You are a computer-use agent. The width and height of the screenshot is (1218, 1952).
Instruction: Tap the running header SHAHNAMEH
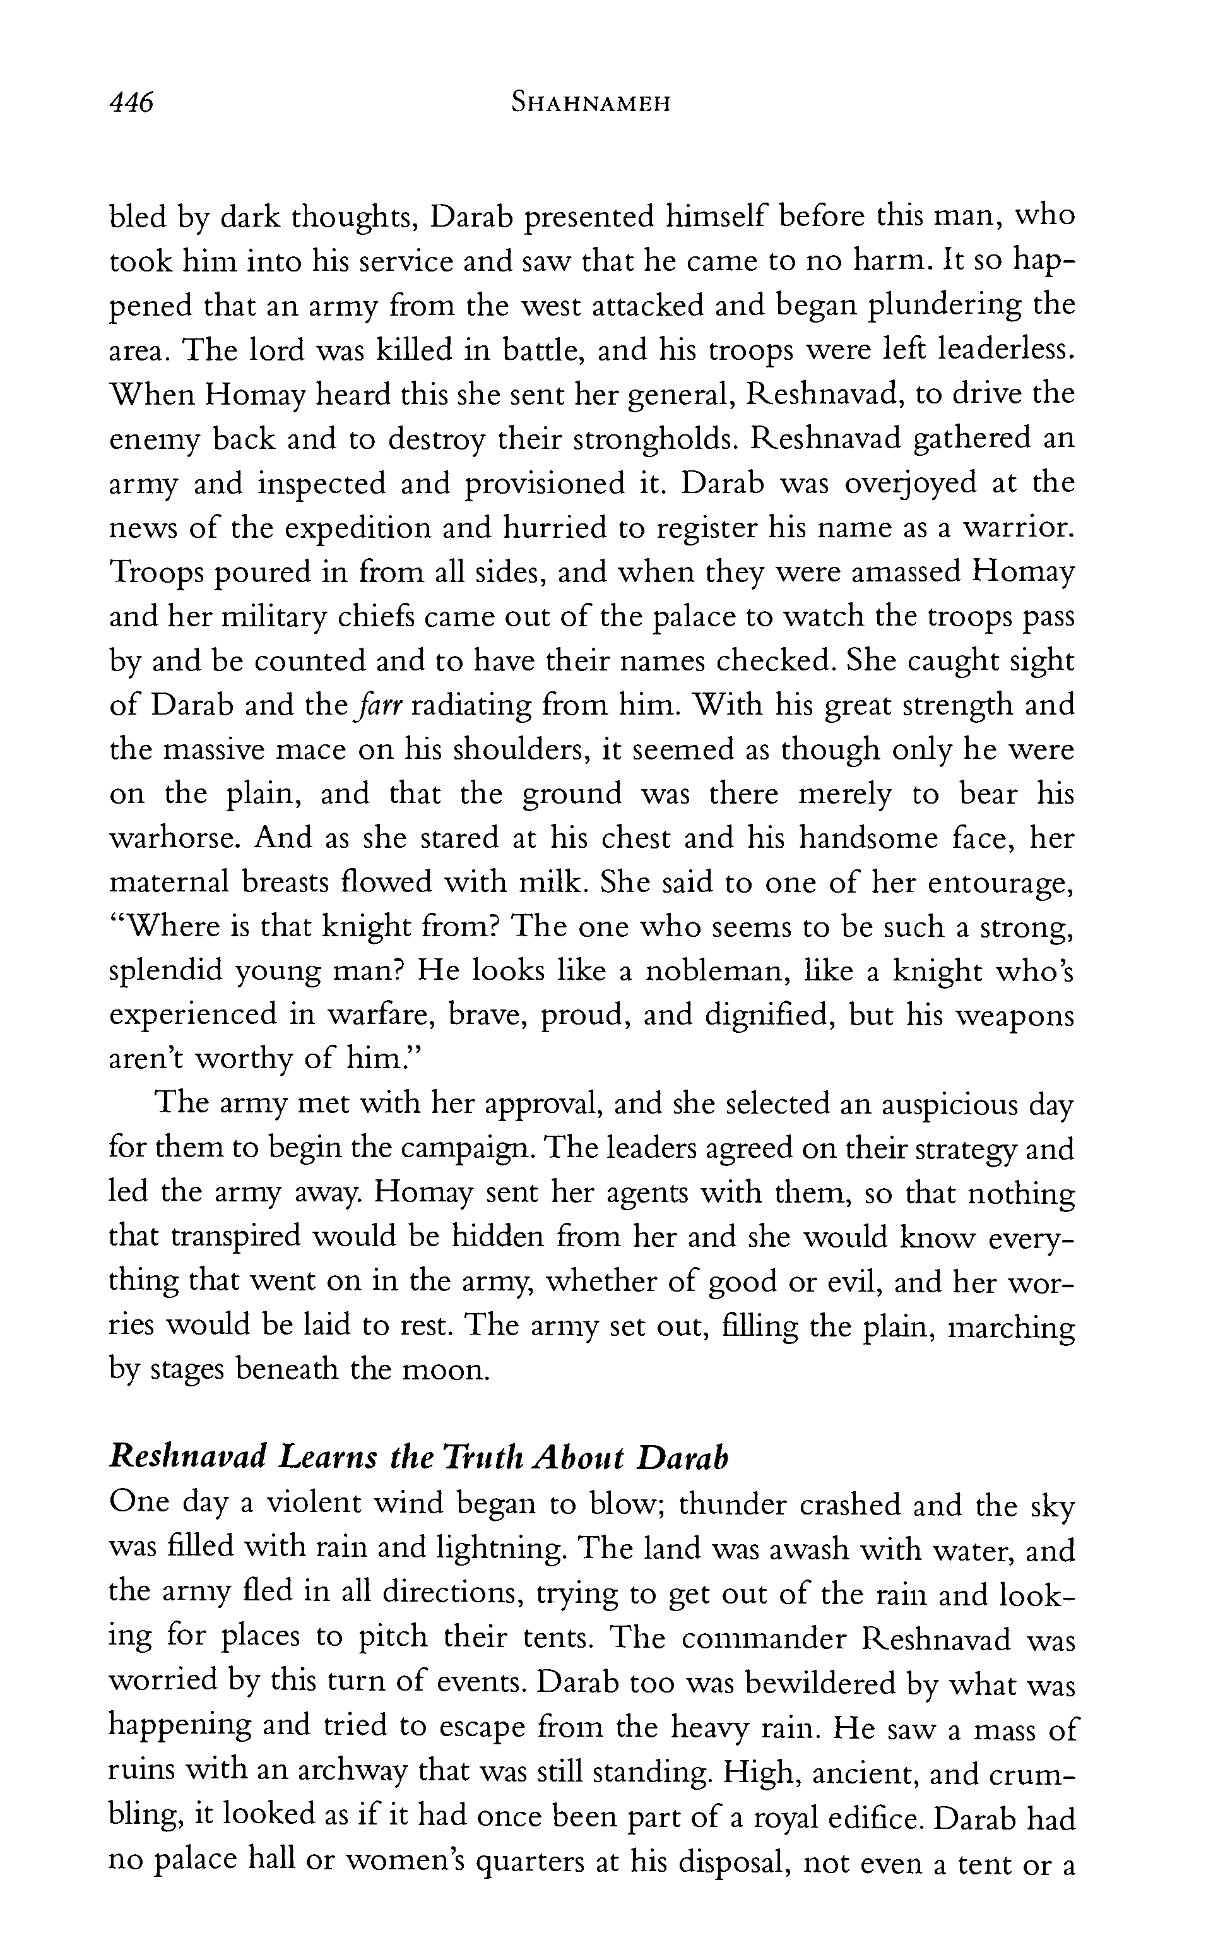tap(591, 104)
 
